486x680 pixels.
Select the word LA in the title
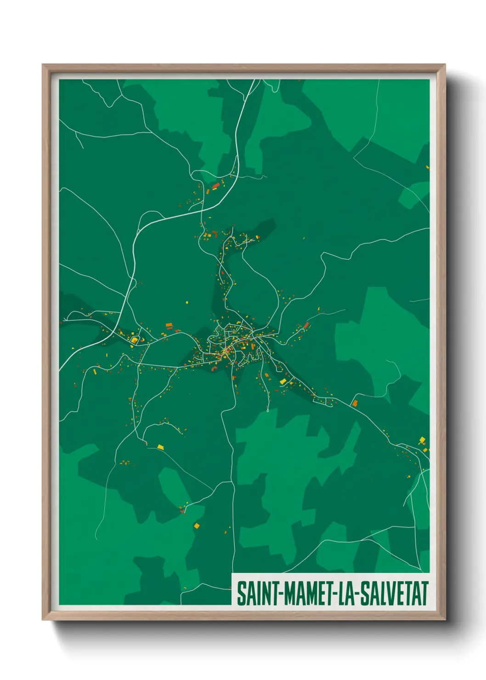pos(348,593)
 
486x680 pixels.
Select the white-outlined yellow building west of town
pos(135,340)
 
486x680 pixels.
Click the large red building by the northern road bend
pos(215,186)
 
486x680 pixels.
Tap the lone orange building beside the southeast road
pos(355,403)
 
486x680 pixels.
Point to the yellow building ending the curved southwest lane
pos(160,447)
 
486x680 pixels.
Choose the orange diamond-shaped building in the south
pos(197,525)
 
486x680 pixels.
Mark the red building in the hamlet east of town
pos(306,325)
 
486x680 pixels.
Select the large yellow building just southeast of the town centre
pos(283,381)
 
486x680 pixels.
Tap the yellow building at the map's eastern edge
pos(422,440)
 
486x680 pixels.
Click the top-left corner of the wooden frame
pos(43,65)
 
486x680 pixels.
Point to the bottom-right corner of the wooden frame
pos(445,620)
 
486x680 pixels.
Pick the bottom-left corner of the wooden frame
pos(43,620)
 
